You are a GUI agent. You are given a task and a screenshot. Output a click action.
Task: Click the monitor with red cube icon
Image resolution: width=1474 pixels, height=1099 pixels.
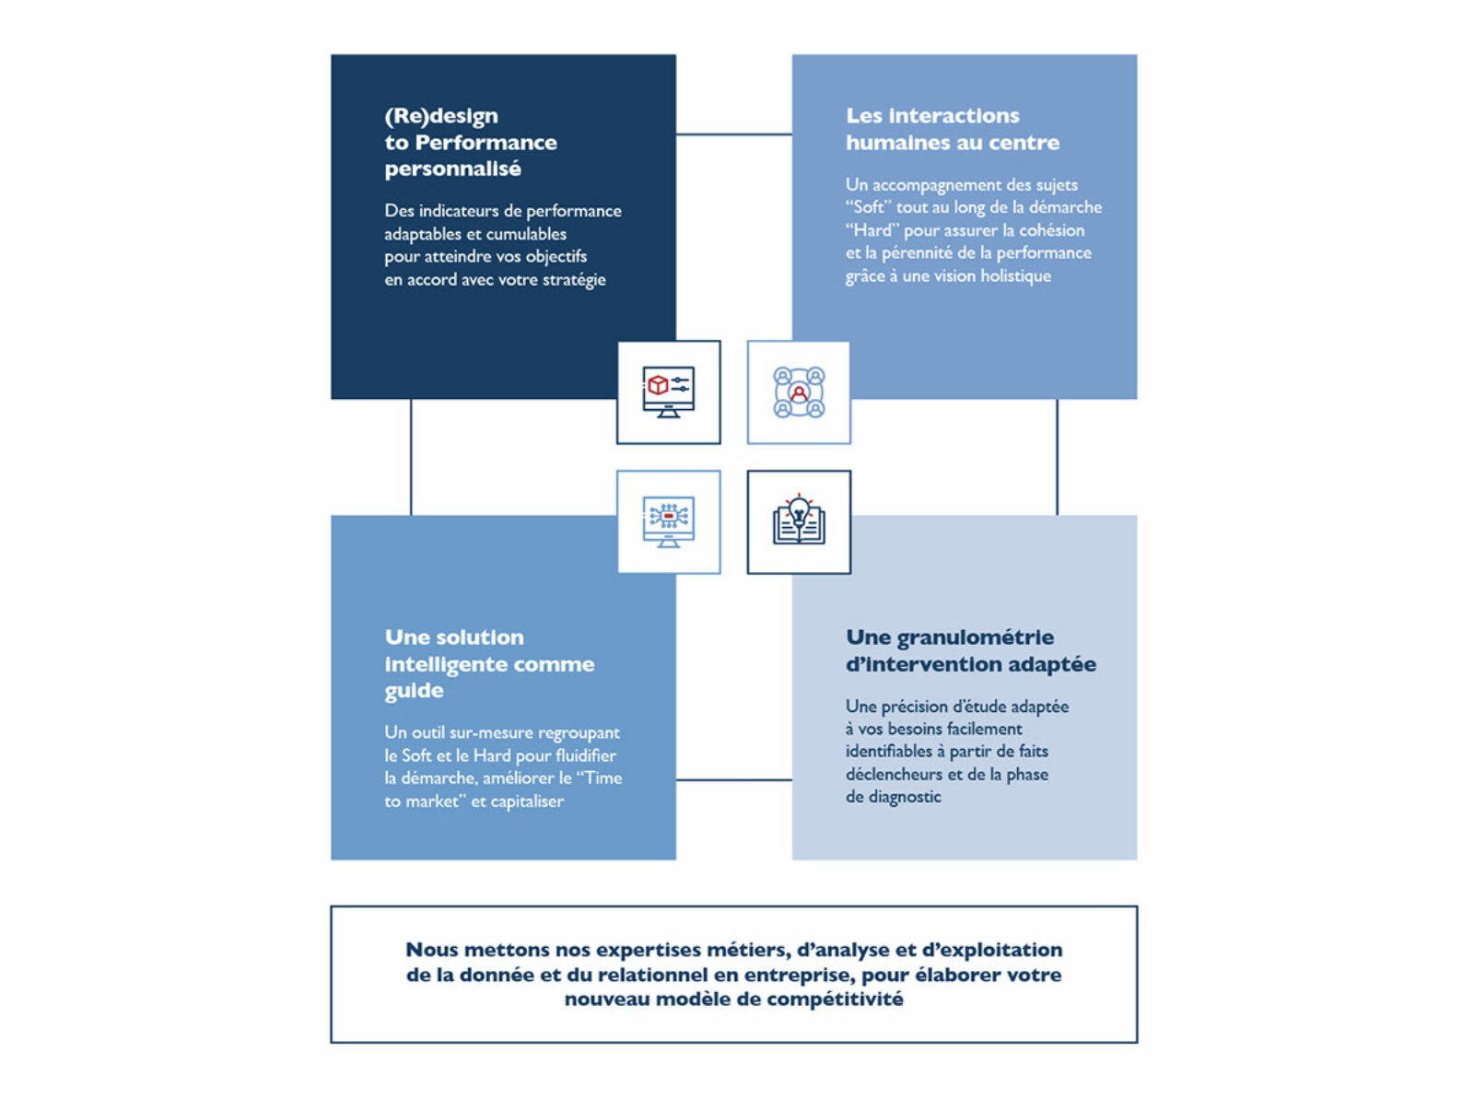tap(668, 392)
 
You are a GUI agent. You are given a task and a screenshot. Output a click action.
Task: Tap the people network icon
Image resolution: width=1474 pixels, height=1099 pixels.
tap(799, 392)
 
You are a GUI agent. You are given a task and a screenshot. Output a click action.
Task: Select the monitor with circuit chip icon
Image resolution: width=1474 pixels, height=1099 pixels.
tap(668, 521)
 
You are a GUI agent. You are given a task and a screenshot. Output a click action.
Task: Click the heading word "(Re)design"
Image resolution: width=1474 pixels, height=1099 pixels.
tap(441, 116)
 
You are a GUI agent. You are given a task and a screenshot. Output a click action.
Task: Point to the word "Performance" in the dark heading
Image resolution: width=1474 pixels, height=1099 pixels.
tap(485, 142)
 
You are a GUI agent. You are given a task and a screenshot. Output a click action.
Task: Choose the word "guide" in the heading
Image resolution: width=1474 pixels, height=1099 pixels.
tap(414, 691)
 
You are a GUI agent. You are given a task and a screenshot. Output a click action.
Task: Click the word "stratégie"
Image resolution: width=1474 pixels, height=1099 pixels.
tap(574, 280)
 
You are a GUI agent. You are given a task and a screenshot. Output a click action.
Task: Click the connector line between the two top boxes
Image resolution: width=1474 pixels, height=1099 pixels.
tap(734, 134)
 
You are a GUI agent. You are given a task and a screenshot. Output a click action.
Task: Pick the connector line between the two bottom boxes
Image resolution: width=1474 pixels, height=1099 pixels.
tap(734, 779)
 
